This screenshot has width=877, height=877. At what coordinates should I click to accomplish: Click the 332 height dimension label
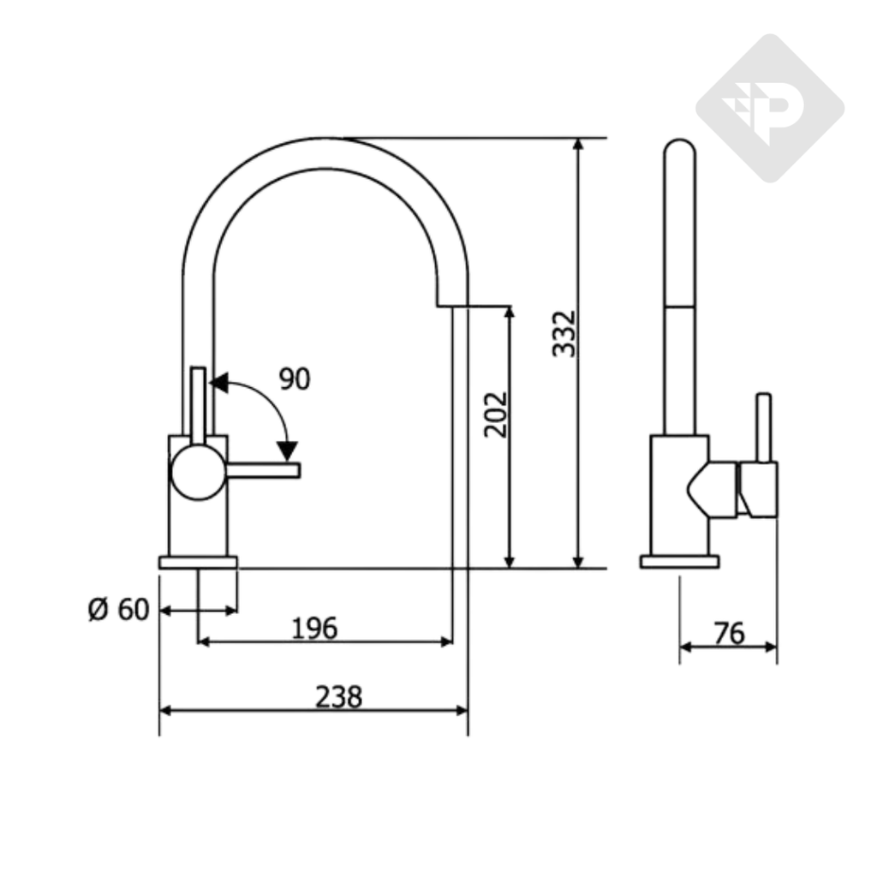coord(564,333)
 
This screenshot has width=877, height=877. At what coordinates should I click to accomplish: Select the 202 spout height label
coord(496,415)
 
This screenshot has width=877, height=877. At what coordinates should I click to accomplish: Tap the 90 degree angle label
coord(295,379)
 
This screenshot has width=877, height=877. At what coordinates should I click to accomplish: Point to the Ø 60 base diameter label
coord(118,609)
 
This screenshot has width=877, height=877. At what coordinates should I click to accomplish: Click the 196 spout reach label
coord(315,628)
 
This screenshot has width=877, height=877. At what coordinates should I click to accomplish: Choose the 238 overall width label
coord(339,697)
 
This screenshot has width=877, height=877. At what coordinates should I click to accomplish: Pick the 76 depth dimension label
coord(730,633)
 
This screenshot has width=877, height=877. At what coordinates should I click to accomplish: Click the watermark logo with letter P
coord(770,109)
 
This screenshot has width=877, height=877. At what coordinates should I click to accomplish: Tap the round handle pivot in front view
coord(198,473)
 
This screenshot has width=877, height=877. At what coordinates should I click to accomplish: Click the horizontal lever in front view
coord(263,470)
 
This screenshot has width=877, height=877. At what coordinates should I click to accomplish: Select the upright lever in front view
coord(199,406)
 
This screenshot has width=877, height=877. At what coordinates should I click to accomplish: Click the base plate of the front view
coord(198,562)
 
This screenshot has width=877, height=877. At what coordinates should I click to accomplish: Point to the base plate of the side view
coord(679,562)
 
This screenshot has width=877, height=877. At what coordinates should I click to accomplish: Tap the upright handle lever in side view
coord(763,428)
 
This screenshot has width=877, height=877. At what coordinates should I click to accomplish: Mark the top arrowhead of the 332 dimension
coord(579,144)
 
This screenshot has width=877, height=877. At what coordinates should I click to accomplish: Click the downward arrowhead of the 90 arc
coord(288,450)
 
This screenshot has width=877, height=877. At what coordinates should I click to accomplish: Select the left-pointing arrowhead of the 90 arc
coord(218,383)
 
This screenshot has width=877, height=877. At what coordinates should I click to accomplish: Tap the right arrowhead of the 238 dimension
coord(462,710)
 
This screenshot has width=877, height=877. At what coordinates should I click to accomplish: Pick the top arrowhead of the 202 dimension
coord(509,313)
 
